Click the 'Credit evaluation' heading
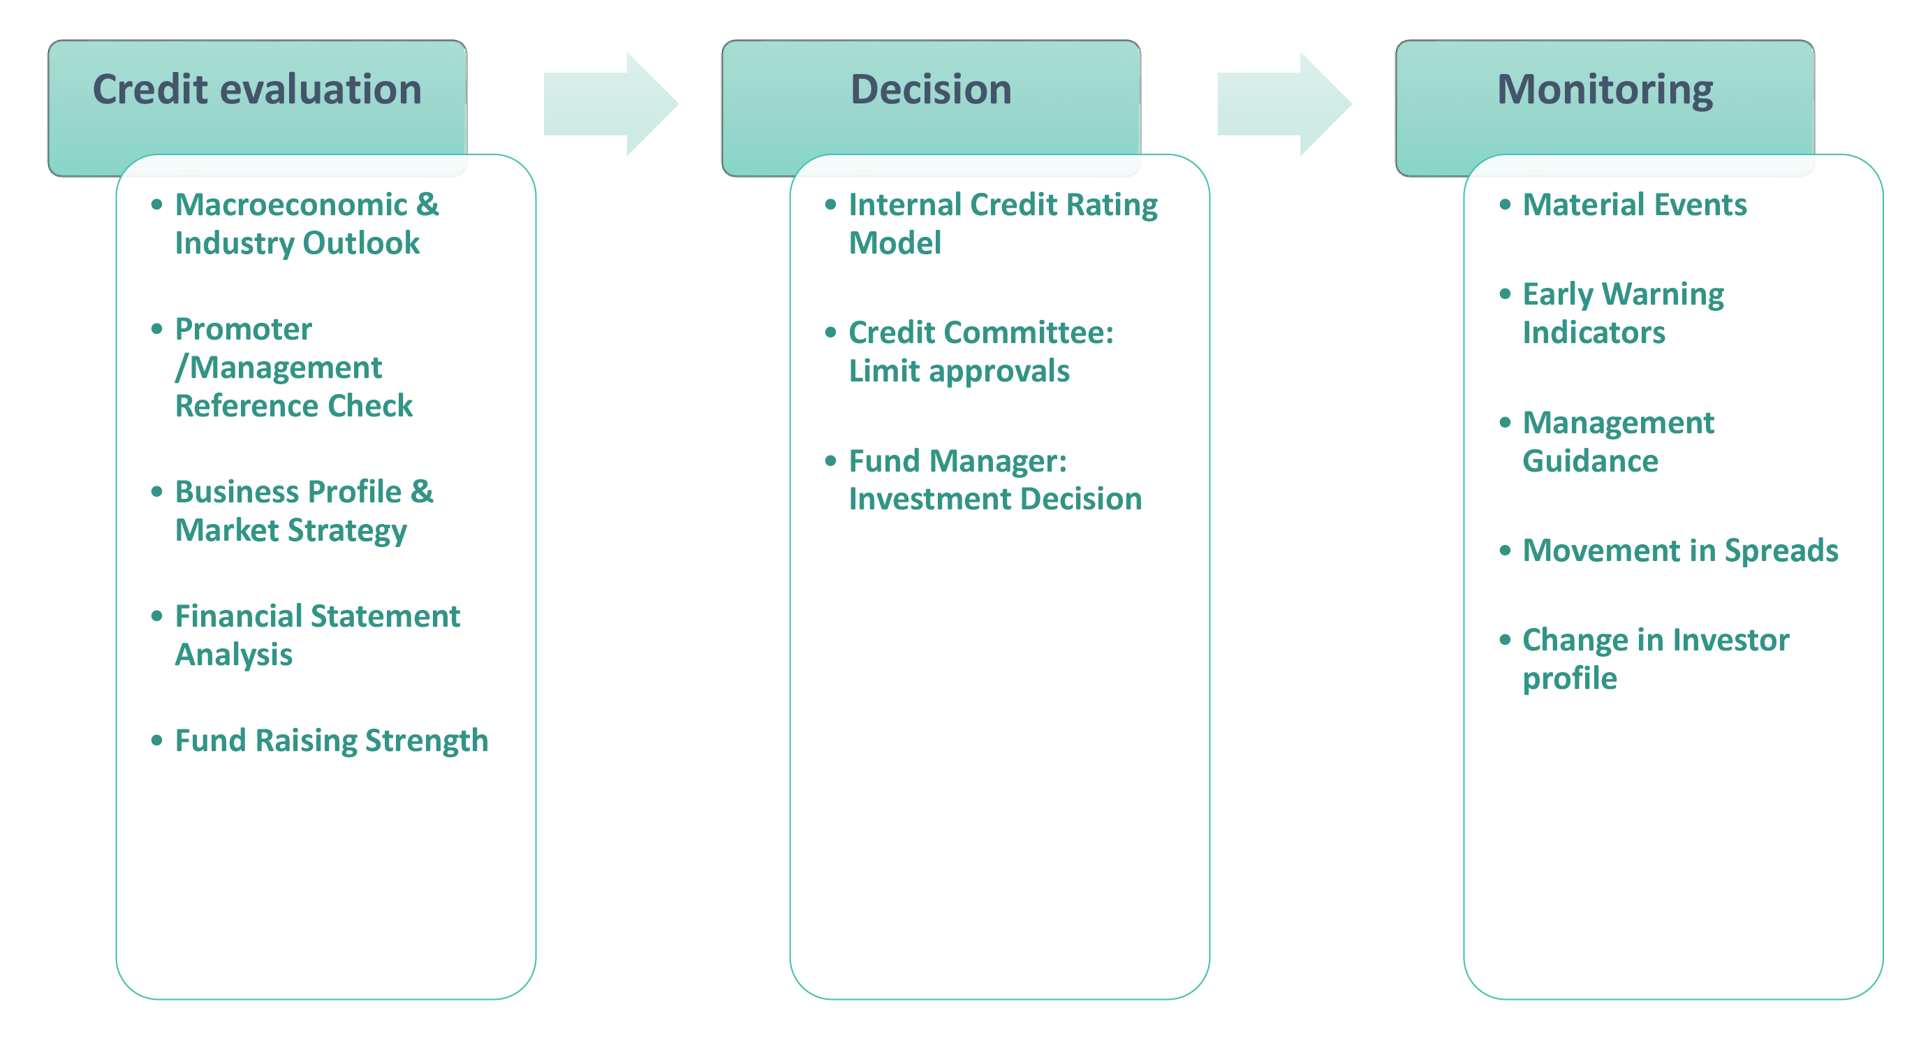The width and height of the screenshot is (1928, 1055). (257, 89)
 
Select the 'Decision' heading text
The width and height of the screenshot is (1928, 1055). (931, 89)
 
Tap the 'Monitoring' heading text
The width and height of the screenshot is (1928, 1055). (1605, 91)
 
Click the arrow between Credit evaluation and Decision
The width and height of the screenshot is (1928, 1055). (611, 104)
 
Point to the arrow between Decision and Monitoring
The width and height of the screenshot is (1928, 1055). (1284, 104)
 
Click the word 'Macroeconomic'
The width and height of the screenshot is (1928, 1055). (291, 205)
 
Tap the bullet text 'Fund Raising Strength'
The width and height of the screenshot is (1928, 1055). (332, 741)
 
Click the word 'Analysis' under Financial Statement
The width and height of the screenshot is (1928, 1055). (233, 655)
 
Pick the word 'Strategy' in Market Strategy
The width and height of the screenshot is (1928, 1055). (348, 531)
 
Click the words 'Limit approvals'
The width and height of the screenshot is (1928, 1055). (959, 372)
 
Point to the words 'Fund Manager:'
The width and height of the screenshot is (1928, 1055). (958, 461)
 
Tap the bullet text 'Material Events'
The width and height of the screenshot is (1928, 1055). (1635, 205)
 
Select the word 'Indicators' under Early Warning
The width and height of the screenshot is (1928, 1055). (1594, 333)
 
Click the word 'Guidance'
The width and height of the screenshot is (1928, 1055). (1591, 460)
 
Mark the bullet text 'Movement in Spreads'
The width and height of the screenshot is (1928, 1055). (1680, 551)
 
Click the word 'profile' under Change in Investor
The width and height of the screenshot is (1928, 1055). (1570, 679)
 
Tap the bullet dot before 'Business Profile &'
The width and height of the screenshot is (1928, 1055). (156, 492)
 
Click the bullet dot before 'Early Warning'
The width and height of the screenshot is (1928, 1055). (1504, 294)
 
